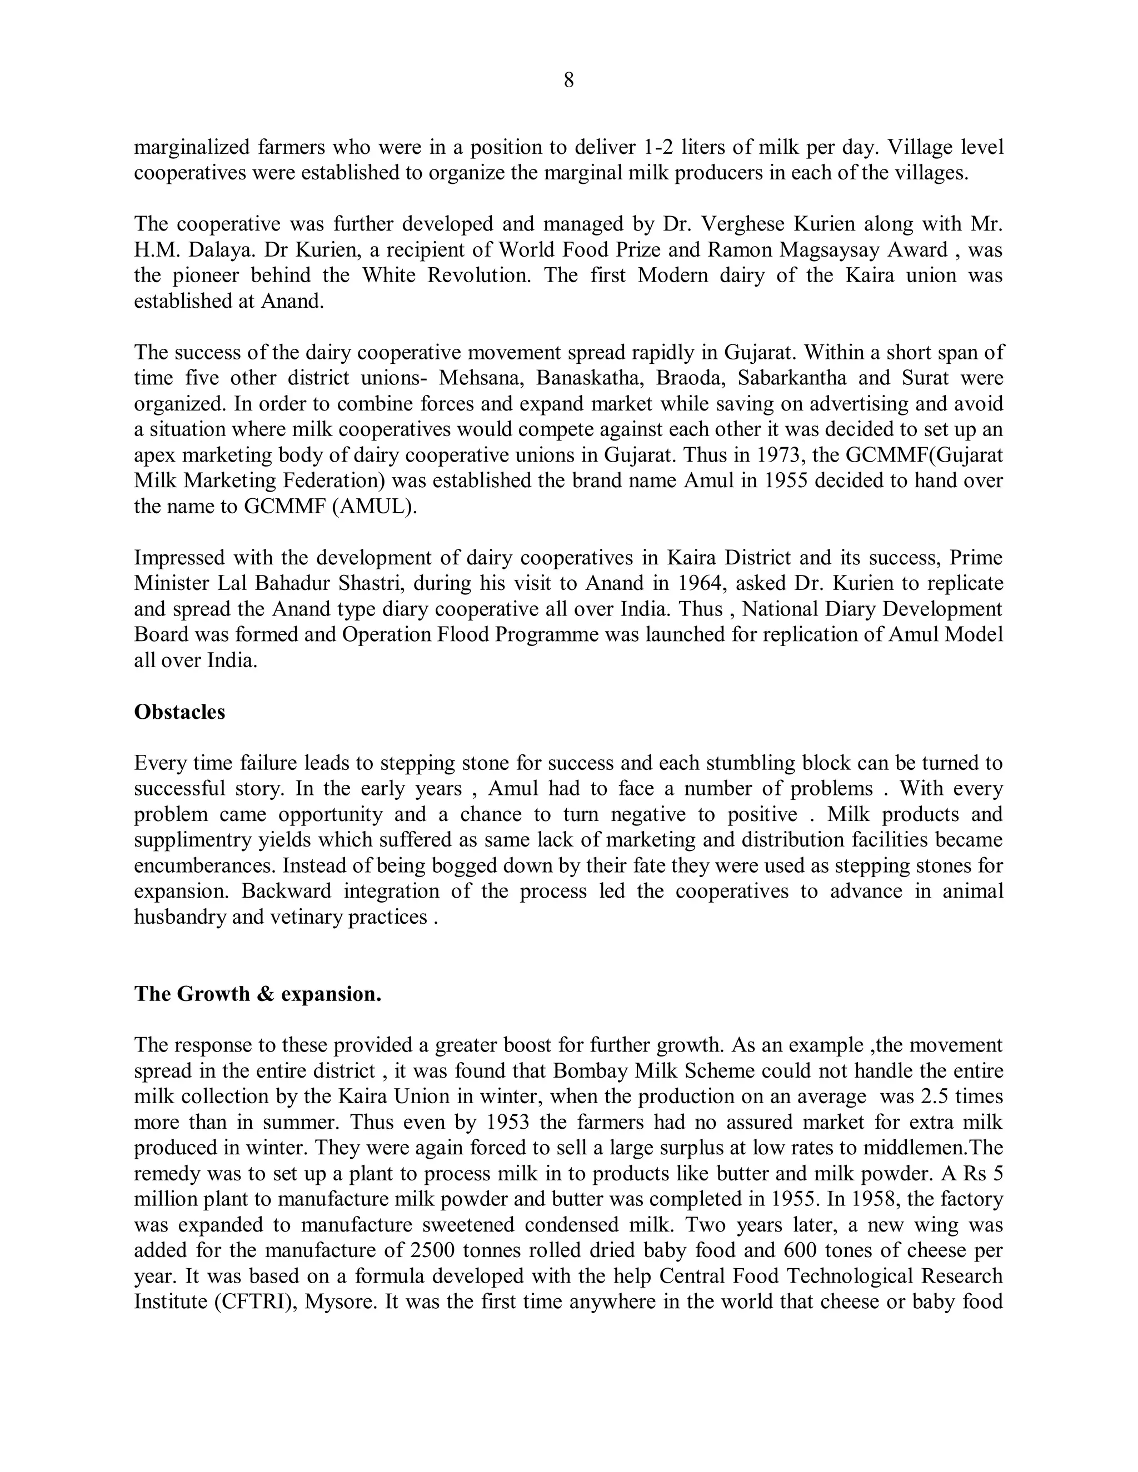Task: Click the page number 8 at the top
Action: coord(568,81)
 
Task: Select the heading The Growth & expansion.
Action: coord(257,994)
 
